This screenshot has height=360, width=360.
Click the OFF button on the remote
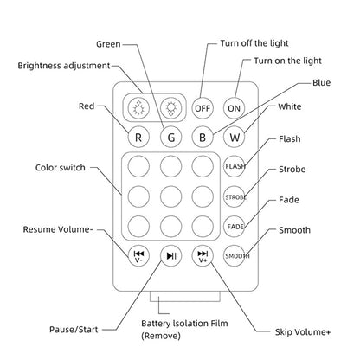(x=202, y=108)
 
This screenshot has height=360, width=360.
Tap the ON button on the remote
(x=234, y=108)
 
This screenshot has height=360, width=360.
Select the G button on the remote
(x=171, y=137)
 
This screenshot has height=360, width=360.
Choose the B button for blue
(x=202, y=137)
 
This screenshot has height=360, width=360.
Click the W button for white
(x=234, y=137)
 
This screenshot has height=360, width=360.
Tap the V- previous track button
(x=139, y=255)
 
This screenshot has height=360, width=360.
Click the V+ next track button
(x=202, y=255)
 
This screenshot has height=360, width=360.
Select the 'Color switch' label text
(x=60, y=168)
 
